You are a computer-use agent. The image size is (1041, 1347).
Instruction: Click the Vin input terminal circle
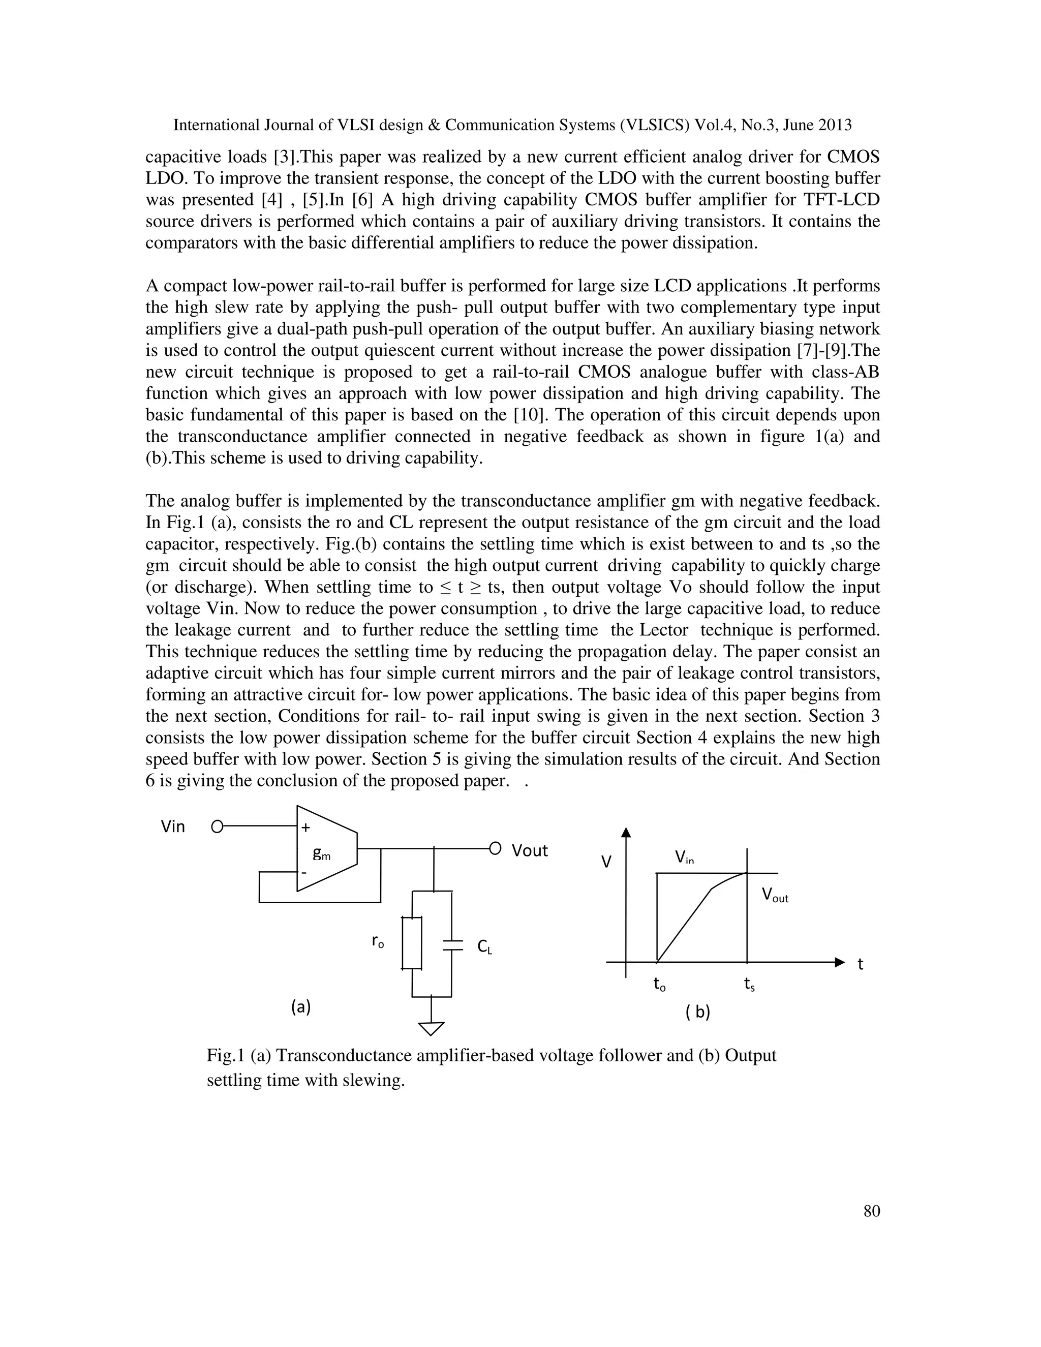[217, 827]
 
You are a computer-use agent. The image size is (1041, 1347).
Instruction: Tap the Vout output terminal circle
[495, 849]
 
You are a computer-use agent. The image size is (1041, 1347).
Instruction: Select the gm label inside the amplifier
[321, 853]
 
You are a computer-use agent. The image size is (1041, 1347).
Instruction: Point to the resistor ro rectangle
[412, 943]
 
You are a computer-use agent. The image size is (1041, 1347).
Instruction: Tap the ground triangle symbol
[431, 1029]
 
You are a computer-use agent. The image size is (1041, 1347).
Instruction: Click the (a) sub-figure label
[301, 1007]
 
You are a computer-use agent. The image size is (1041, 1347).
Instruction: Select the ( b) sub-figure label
[697, 1012]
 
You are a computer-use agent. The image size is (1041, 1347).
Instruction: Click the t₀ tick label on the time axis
[659, 985]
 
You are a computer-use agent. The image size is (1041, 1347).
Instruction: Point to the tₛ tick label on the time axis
[749, 985]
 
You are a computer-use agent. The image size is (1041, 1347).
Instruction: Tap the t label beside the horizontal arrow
[861, 964]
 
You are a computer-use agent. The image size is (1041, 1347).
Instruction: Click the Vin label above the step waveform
[684, 856]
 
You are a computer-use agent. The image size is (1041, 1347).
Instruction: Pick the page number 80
[871, 1211]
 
